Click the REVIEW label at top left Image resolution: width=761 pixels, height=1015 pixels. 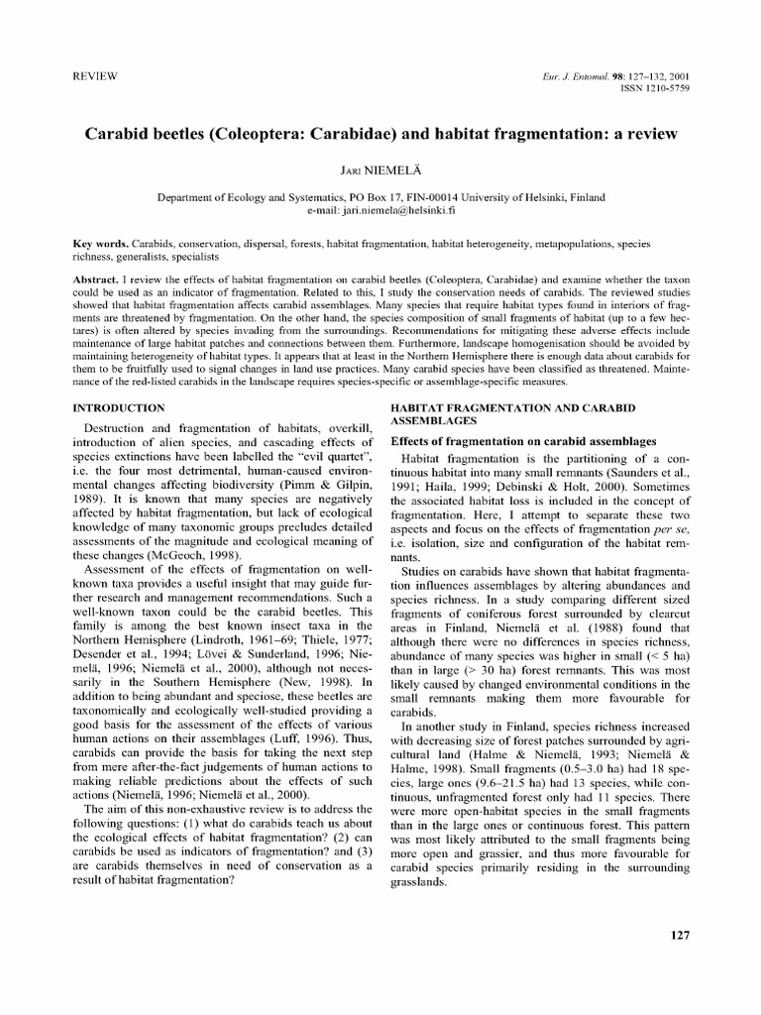pos(97,76)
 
